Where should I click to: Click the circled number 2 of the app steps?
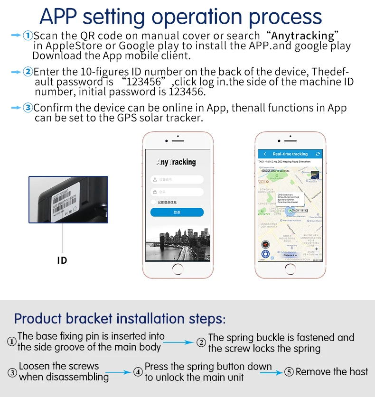[x=28, y=72]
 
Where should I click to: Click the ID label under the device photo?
[x=62, y=260]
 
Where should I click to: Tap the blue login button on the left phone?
[x=177, y=212]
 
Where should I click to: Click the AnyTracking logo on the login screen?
[x=176, y=162]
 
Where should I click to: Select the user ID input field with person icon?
[x=177, y=180]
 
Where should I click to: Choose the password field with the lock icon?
[x=177, y=192]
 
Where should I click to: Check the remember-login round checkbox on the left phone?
[x=153, y=202]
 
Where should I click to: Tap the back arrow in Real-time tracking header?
[x=264, y=154]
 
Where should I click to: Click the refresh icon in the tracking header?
[x=318, y=154]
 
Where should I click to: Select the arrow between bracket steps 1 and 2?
[x=180, y=342]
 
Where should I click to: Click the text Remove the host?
[x=332, y=372]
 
